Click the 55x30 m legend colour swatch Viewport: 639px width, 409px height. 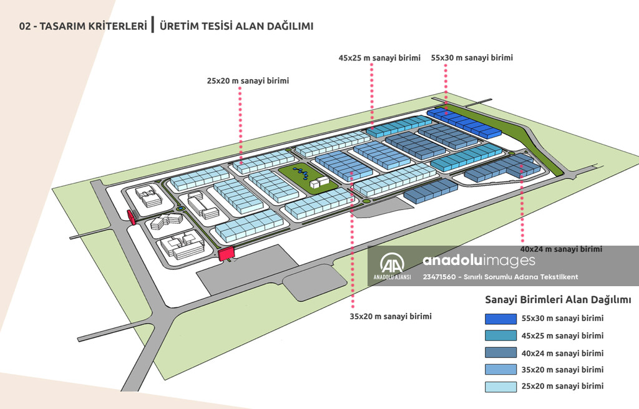pos(501,319)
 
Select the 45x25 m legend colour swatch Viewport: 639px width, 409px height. pos(501,335)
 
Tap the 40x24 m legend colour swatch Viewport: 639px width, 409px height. pos(501,353)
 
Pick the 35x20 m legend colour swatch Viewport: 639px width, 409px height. pos(501,370)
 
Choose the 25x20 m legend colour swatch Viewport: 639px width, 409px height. pos(501,387)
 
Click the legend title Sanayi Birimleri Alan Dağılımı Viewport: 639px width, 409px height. pos(558,300)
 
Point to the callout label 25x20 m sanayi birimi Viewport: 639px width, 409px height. pos(248,80)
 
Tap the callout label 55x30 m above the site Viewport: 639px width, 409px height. pos(472,58)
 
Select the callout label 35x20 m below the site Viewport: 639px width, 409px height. pos(391,316)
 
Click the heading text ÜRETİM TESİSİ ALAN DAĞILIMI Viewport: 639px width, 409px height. pos(237,26)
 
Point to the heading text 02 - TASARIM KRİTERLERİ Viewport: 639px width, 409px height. pos(83,26)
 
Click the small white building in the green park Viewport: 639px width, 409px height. pos(319,181)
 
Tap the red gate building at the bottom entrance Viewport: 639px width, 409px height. pos(225,253)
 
